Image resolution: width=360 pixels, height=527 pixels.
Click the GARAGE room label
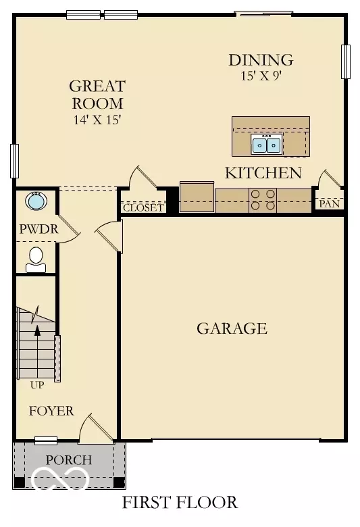[232, 328]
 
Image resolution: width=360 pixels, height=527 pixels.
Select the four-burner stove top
[263, 200]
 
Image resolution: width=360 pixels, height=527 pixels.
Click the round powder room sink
[36, 201]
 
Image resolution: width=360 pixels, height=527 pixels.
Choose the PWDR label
[38, 229]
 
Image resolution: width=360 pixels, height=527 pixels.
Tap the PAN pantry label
[330, 203]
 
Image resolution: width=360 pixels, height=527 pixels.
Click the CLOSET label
[143, 207]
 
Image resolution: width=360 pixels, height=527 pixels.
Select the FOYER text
[51, 411]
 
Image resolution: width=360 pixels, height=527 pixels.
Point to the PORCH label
[69, 460]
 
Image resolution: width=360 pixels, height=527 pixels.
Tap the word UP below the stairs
[37, 385]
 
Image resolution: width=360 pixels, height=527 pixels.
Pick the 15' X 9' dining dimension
[261, 76]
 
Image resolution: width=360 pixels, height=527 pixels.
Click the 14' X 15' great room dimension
[97, 120]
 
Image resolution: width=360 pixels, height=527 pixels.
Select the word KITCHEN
[263, 173]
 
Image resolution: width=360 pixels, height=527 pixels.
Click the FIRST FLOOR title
[180, 503]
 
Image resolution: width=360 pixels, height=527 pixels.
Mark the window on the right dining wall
[346, 61]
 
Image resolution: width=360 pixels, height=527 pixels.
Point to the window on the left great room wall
[14, 161]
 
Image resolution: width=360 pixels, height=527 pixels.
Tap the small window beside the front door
[46, 441]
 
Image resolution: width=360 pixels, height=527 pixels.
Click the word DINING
[261, 60]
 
